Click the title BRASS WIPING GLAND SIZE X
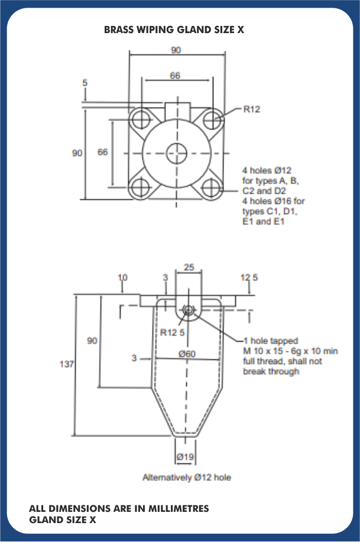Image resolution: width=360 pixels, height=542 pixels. click(174, 29)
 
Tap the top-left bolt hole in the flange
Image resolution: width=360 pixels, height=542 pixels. click(141, 119)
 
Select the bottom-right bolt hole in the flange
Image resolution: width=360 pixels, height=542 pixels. click(212, 189)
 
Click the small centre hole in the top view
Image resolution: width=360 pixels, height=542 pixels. click(176, 152)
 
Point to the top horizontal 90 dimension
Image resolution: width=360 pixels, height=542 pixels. click(176, 50)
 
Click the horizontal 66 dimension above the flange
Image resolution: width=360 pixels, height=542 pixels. click(175, 76)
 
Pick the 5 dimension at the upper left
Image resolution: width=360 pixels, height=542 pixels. click(85, 83)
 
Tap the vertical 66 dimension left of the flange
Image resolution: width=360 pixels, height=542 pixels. click(103, 152)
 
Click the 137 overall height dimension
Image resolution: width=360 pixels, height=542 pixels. click(67, 365)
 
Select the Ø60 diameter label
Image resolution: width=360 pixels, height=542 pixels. click(187, 354)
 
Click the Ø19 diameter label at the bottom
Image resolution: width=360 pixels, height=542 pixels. click(186, 456)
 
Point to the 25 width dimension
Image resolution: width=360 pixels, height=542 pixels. click(189, 267)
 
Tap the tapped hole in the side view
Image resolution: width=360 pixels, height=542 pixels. click(189, 310)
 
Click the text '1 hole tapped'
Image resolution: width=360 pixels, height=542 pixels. click(271, 341)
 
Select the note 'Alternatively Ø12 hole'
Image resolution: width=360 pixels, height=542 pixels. click(187, 477)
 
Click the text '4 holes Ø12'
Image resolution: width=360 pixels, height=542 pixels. click(267, 171)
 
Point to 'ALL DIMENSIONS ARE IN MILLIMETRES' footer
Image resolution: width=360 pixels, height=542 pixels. click(119, 508)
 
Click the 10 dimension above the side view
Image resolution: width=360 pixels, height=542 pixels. click(123, 277)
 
